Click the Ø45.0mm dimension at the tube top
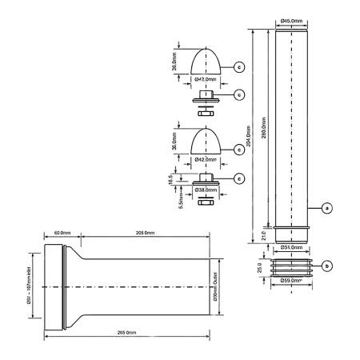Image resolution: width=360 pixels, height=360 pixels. coord(291,21)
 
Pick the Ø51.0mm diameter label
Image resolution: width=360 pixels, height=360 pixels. coord(291,247)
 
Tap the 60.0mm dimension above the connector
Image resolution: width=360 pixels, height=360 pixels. coord(62,232)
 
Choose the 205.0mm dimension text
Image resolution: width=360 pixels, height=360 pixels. coord(145,232)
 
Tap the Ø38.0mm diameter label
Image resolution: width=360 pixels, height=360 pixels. coord(206,190)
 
